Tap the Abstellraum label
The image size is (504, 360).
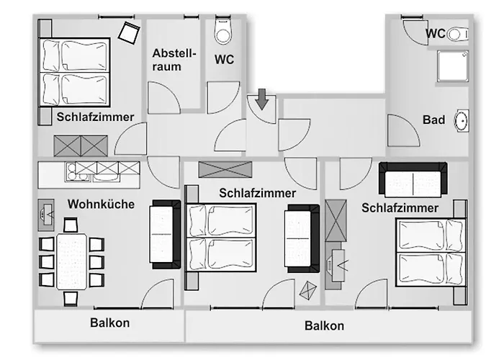pyautogui.click(x=171, y=60)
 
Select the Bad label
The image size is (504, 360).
pyautogui.click(x=433, y=120)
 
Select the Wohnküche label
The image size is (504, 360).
pyautogui.click(x=101, y=204)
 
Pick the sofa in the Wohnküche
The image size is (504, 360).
pyautogui.click(x=165, y=233)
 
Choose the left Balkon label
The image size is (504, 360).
pyautogui.click(x=109, y=323)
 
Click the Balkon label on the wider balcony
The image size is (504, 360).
pyautogui.click(x=324, y=325)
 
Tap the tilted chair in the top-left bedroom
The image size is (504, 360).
pyautogui.click(x=130, y=32)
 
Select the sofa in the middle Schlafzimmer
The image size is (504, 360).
pyautogui.click(x=302, y=238)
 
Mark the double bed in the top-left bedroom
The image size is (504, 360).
pyautogui.click(x=73, y=71)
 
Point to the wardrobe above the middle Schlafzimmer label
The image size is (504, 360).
pyautogui.click(x=225, y=170)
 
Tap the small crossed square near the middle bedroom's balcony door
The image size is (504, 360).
pyautogui.click(x=308, y=289)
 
